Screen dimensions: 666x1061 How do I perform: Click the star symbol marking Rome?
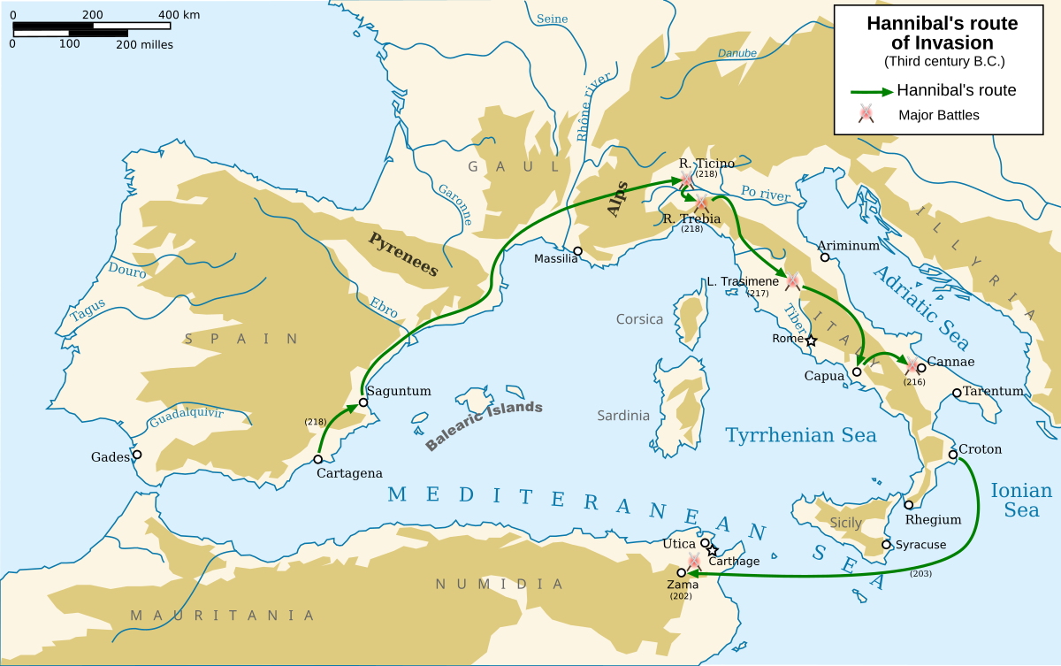(x=811, y=340)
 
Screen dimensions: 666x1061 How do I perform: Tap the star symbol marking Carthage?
(x=713, y=550)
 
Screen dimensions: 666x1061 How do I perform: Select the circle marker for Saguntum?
(x=363, y=402)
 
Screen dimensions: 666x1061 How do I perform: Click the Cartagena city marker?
(x=318, y=459)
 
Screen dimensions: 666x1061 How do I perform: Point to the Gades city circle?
(x=137, y=455)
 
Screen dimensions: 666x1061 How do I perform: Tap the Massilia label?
(x=555, y=259)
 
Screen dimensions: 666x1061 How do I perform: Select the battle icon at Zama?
(x=694, y=562)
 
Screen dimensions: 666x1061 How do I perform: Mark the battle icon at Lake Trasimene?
(x=793, y=281)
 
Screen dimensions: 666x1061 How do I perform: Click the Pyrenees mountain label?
(x=403, y=254)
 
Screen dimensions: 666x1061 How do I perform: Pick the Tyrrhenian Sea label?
(x=800, y=435)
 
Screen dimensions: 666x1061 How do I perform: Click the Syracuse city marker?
(x=886, y=545)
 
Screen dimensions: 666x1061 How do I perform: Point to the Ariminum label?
(x=848, y=246)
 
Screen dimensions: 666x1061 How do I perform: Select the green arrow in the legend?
(x=870, y=91)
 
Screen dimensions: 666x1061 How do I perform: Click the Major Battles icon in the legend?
(x=866, y=114)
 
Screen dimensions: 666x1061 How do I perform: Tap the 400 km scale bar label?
(x=179, y=15)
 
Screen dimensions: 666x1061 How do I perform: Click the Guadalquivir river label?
(x=186, y=417)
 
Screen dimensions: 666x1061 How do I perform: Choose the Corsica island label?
(x=639, y=319)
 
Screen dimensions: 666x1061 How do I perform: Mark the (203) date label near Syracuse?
(x=920, y=574)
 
